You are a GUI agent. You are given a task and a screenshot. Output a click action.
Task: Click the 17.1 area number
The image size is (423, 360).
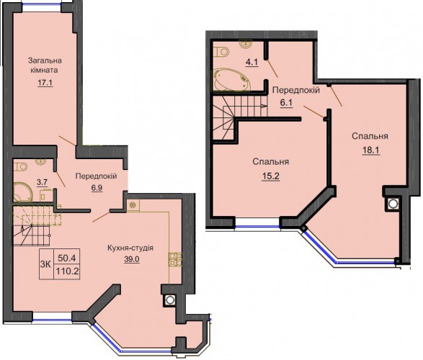coord(45,83)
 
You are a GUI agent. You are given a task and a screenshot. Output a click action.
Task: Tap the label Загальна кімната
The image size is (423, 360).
coord(45,66)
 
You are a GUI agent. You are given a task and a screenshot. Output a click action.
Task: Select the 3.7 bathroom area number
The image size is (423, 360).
coord(42,182)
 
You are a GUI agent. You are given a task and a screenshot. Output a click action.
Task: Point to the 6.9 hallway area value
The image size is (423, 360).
coord(97,188)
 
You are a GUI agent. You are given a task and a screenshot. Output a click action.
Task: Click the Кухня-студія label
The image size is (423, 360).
coord(130,248)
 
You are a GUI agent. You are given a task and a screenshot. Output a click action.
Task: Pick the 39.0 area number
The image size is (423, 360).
coord(132,259)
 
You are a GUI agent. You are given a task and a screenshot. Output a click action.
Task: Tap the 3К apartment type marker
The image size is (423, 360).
coord(46,264)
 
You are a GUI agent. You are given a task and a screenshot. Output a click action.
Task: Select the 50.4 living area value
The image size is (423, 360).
coord(67,258)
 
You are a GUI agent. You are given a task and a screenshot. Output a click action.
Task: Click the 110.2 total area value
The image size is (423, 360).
coord(67,271)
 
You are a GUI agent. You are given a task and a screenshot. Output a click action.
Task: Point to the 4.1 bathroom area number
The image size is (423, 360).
coord(251,63)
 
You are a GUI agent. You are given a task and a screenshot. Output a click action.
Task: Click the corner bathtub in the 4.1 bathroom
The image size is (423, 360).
coord(231,79)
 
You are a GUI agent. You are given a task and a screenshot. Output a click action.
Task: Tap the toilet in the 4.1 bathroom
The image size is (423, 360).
coord(221,51)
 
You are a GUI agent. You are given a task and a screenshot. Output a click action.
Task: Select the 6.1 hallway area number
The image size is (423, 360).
coord(286,103)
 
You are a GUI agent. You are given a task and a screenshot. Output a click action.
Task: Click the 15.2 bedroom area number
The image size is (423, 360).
coord(270,176)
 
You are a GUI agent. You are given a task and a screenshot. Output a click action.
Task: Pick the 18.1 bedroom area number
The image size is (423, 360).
coord(370,150)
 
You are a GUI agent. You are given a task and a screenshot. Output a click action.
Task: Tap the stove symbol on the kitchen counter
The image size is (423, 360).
coord(175,259)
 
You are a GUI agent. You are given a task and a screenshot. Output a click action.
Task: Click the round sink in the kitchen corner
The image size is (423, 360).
coord(133,205)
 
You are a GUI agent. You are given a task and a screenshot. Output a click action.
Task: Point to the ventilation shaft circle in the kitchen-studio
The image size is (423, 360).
coord(169,300)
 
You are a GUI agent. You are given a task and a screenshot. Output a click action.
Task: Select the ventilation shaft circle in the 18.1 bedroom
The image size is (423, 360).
coord(393,204)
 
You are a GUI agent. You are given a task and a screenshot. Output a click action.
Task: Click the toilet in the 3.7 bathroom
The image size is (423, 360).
coord(20,167)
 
